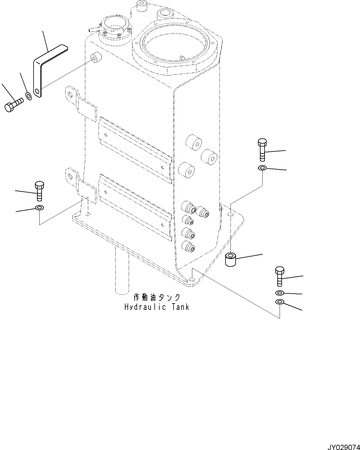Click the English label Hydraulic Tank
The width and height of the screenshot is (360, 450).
click(x=157, y=307)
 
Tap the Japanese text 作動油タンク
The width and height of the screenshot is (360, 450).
click(x=157, y=297)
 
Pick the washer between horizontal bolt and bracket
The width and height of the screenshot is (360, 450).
click(x=29, y=96)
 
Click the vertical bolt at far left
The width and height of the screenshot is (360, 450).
click(x=39, y=191)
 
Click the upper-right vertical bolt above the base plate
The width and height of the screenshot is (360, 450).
click(x=262, y=150)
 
